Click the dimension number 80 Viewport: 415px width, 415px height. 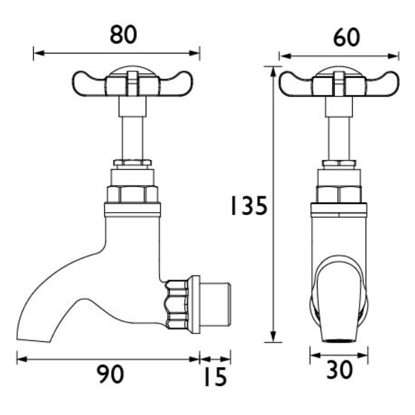[x=123, y=35]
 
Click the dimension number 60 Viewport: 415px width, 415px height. [x=347, y=37]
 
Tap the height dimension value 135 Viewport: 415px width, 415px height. [x=249, y=205]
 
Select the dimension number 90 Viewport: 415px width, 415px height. [x=110, y=374]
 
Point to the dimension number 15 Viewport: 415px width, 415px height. [x=215, y=377]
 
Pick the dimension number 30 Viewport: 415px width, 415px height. [x=339, y=370]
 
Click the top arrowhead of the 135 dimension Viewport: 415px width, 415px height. [x=273, y=72]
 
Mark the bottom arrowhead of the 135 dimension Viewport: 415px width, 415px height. [x=273, y=337]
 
